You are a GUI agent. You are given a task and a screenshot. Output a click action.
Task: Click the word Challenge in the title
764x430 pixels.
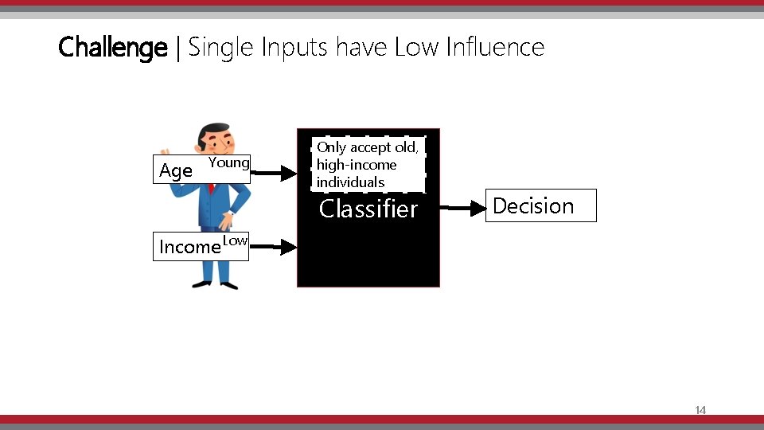point(112,48)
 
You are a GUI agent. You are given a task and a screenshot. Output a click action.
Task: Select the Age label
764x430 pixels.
point(176,170)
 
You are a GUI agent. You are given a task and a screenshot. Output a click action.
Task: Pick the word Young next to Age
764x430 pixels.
point(229,163)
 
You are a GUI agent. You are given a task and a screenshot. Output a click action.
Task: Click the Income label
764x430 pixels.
point(189,247)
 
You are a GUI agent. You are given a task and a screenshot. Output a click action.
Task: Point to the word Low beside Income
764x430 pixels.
point(235,240)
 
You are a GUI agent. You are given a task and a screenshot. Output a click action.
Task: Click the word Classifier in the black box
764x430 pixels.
point(368,209)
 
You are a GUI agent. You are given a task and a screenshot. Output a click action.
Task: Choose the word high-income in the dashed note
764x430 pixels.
point(356,165)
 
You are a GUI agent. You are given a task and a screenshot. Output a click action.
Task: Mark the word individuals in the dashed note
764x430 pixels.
point(350,182)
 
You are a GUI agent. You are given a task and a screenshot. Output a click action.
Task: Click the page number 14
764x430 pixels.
point(700,411)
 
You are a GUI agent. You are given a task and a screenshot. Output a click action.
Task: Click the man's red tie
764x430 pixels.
point(212,190)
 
